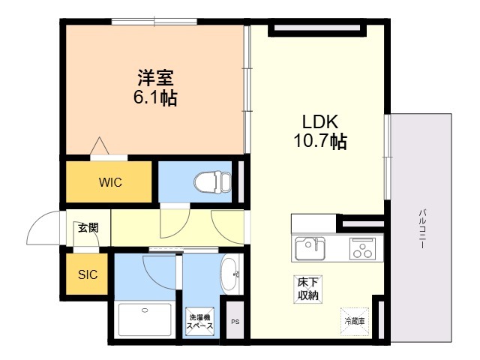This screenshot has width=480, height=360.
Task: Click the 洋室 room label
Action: coord(155,78)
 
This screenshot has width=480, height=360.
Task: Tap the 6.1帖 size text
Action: coord(155,97)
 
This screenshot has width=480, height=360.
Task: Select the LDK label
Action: coord(320,121)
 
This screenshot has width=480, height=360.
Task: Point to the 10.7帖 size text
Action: coord(320,141)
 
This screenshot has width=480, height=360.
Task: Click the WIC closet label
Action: coord(110,182)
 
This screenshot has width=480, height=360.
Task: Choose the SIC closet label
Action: coord(88,274)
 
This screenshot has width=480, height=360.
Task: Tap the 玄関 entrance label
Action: coord(88,228)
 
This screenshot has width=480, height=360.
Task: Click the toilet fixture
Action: coord(212,182)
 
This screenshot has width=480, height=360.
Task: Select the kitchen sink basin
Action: coord(310,248)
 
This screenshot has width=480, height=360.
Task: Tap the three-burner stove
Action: coord(362,248)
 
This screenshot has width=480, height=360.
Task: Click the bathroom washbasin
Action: coord(230,274)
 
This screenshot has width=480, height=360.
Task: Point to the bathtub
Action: coord(145,319)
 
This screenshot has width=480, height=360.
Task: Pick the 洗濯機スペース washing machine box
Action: coord(199,322)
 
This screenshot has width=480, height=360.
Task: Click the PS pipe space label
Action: coord(235,322)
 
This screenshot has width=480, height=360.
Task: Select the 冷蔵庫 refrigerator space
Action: coord(355,321)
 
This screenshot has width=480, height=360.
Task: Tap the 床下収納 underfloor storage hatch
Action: coord(307,289)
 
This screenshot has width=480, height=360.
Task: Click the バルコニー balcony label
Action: coord(422,229)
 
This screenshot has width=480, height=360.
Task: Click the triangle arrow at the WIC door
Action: coord(100,145)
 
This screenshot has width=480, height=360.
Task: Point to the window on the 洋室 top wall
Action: coord(154,22)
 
